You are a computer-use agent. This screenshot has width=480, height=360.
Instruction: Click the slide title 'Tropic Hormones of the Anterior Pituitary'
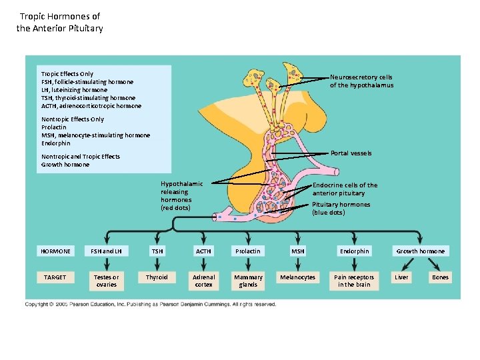(x=59, y=22)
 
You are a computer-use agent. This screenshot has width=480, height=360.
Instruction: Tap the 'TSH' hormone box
(x=157, y=251)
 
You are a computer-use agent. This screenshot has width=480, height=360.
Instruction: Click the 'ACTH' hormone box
(x=203, y=251)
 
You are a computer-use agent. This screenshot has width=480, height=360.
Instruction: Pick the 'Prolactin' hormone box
(x=248, y=251)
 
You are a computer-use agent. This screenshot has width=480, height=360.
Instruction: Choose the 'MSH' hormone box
(x=298, y=251)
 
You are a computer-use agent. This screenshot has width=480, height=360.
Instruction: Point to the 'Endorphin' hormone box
(x=354, y=251)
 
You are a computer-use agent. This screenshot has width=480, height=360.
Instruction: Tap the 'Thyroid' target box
(x=157, y=277)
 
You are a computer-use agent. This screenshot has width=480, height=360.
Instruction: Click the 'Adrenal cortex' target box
(x=203, y=281)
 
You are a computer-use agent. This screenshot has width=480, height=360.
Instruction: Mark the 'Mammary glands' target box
(x=248, y=281)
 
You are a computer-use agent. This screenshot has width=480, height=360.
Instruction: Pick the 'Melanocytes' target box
(x=298, y=277)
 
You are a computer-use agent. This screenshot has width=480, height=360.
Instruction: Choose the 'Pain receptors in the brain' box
(x=354, y=281)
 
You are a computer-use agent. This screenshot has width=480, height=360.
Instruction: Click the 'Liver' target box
(x=401, y=277)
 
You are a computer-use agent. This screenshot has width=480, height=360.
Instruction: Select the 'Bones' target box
(x=440, y=277)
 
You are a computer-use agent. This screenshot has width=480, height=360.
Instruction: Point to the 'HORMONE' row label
(x=55, y=251)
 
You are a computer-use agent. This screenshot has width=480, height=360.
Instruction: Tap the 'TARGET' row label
(x=55, y=277)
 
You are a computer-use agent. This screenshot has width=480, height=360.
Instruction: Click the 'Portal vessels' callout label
(x=351, y=153)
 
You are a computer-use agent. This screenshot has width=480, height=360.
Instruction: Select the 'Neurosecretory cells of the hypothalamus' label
(x=361, y=81)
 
